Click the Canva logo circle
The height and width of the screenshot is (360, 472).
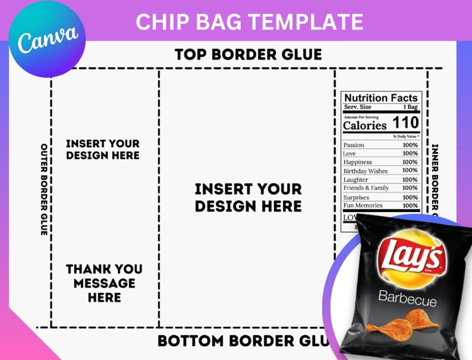[x=47, y=39]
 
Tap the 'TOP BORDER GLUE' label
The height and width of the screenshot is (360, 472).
[x=248, y=55]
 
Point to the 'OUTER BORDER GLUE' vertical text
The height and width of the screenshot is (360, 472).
[x=44, y=189]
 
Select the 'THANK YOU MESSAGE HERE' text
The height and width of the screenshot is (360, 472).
[x=104, y=283]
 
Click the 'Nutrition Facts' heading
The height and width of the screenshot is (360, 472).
[x=381, y=98]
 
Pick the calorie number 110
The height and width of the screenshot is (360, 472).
[x=406, y=123]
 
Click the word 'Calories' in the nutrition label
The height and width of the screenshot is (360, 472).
[x=365, y=125]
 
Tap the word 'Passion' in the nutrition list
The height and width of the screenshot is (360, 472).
[x=354, y=145]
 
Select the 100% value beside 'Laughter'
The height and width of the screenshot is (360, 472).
[x=410, y=180]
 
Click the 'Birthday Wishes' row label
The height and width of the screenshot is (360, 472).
[x=365, y=171]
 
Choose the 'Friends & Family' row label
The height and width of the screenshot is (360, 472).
[x=366, y=188]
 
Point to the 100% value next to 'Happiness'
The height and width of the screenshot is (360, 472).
[x=410, y=162]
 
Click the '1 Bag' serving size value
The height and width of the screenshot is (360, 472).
[x=410, y=107]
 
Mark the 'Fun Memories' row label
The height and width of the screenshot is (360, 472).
[x=363, y=205]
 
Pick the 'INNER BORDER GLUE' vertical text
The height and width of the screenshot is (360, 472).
[x=435, y=179]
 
